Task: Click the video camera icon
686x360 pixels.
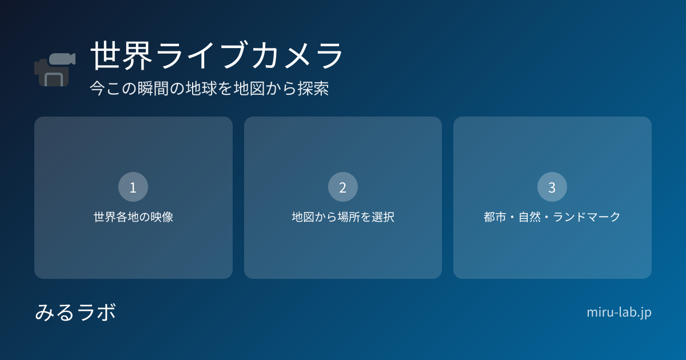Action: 55,70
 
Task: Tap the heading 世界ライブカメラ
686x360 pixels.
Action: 217,55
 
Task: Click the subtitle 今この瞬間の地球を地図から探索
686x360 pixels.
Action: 209,89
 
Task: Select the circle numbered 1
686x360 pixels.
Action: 133,187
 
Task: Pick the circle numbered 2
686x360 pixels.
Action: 342,187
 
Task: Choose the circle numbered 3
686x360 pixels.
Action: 552,187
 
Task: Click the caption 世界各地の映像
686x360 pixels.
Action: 133,217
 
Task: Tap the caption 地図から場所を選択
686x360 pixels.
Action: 343,217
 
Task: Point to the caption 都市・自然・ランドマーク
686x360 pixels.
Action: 552,217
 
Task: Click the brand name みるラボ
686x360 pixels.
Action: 75,312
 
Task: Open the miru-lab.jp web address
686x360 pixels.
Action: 619,313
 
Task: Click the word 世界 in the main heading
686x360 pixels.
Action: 122,55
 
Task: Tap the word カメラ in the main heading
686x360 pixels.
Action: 297,55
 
